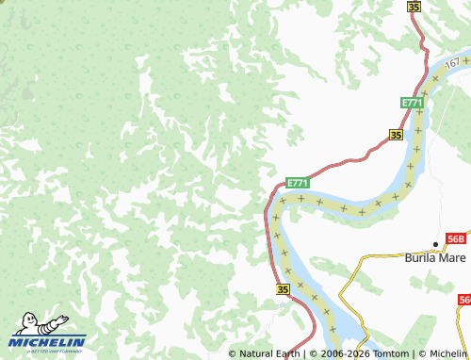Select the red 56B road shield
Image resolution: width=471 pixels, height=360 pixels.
tap(458, 238)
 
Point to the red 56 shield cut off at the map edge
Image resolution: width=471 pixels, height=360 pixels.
tap(465, 300)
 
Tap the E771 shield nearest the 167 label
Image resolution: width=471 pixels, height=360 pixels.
tap(412, 102)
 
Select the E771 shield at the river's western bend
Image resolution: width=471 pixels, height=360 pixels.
tap(297, 182)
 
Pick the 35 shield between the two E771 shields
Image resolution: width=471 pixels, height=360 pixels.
tap(396, 136)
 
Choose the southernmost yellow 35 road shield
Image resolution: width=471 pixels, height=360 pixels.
tap(284, 290)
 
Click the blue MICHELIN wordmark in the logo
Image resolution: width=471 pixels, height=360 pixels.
tap(47, 341)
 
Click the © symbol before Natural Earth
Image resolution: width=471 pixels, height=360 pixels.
tap(233, 353)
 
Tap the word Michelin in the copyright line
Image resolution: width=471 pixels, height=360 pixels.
tap(447, 353)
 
